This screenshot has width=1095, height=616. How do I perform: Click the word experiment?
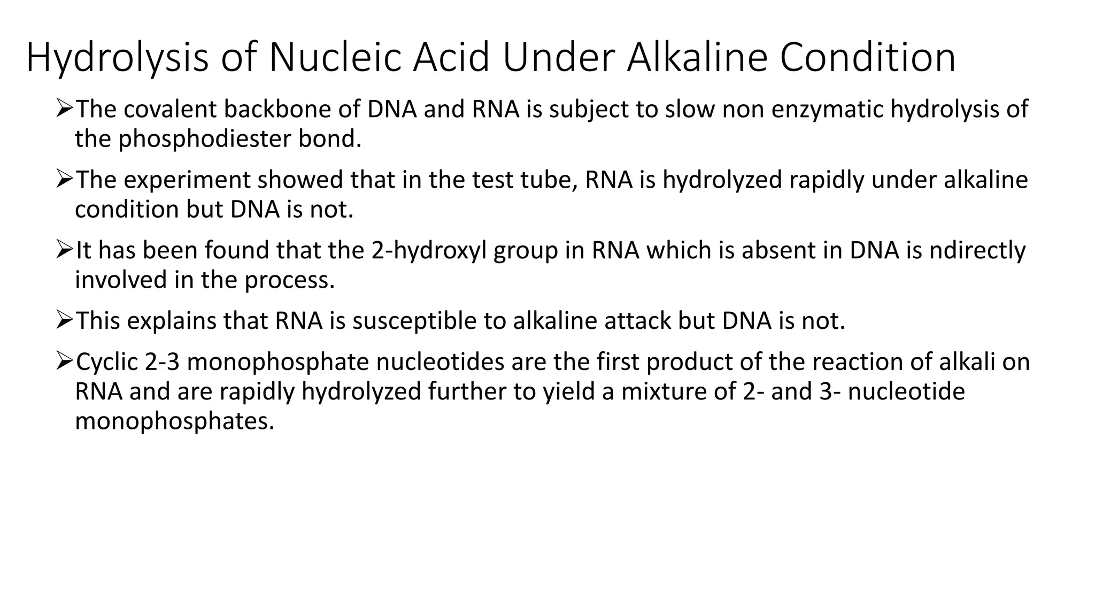189,180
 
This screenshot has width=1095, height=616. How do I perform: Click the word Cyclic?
107,362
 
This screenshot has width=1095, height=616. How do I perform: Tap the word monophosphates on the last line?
174,421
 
